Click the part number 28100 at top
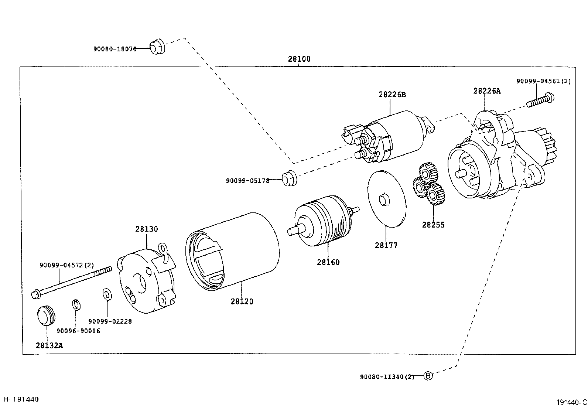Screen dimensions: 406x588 (299, 59)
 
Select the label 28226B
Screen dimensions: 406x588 (392, 95)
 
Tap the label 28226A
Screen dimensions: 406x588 (487, 91)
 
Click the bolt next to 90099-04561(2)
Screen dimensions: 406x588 (540, 100)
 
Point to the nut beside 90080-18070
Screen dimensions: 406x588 (157, 46)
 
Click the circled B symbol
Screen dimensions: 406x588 (428, 376)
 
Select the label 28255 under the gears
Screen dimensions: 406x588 (434, 225)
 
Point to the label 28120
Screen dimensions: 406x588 (242, 301)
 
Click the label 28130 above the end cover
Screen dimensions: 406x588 (146, 229)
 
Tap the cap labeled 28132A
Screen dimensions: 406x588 (46, 315)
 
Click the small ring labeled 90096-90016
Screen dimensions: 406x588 (76, 305)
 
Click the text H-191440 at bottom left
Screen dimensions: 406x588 (21, 399)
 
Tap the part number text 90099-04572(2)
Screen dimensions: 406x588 (67, 265)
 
